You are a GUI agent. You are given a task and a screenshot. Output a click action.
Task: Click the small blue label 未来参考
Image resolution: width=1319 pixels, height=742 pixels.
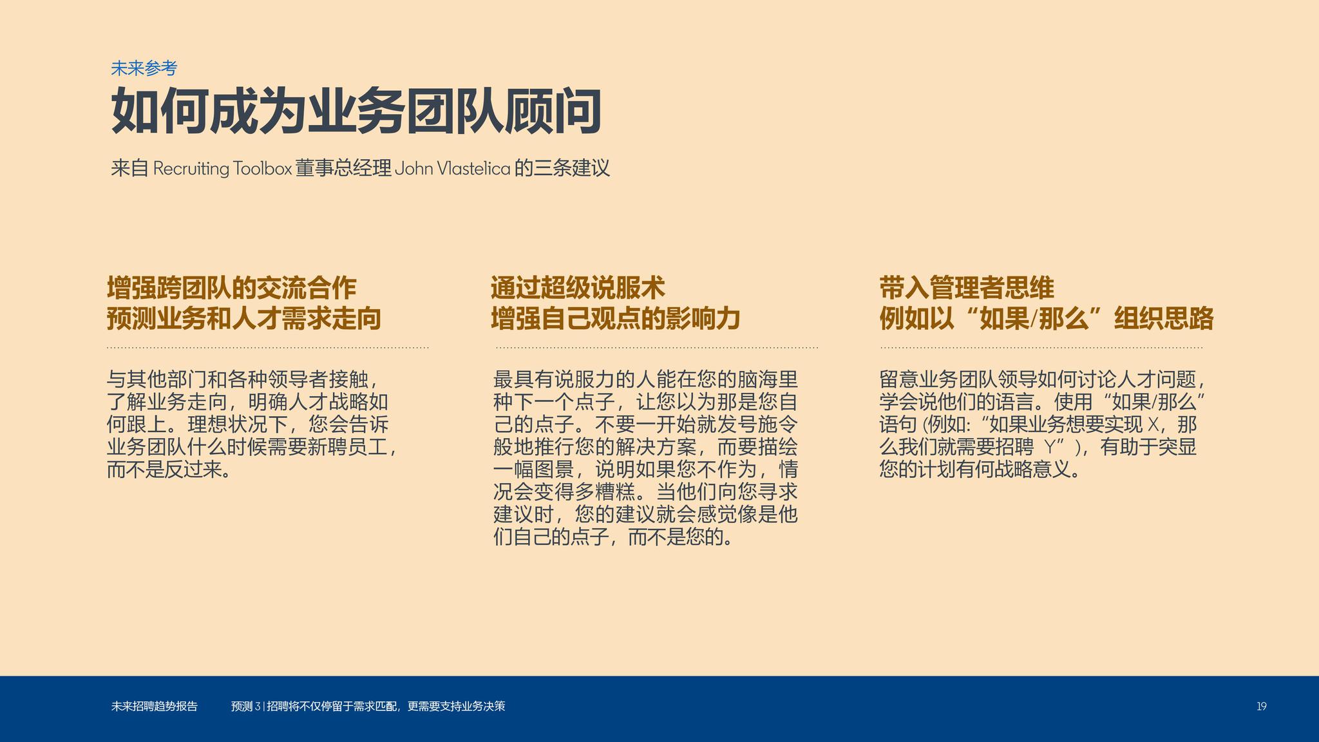(144, 68)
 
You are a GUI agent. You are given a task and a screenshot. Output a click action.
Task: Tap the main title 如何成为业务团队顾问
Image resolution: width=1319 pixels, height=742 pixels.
(356, 111)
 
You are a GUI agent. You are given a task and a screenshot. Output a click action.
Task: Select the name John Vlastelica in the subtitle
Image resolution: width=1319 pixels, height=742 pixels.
(452, 169)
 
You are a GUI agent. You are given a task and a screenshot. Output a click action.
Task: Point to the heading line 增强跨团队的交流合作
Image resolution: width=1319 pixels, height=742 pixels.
(232, 288)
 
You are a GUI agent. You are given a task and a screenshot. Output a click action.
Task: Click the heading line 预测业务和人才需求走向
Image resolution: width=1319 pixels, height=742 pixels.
(244, 319)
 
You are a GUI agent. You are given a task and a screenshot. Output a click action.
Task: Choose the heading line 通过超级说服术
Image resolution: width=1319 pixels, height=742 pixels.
(578, 288)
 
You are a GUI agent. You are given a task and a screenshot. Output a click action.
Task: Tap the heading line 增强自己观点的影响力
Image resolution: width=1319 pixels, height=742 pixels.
(616, 319)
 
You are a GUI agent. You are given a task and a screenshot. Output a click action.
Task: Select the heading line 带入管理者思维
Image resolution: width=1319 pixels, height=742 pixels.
(967, 288)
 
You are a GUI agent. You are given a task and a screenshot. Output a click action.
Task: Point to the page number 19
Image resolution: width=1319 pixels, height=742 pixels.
(1261, 707)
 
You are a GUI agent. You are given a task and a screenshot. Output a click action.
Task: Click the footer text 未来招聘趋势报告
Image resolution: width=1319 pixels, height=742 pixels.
(155, 707)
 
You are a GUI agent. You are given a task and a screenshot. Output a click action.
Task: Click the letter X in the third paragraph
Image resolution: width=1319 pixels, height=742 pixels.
(1153, 424)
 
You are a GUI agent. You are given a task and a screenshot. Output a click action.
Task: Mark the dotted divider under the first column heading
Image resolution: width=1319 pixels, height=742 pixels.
(268, 348)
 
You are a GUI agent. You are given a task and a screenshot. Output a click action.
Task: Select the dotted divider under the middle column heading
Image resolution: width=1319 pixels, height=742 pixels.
(657, 348)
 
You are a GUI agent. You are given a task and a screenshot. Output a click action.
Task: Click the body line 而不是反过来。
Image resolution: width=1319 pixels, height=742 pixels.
(169, 470)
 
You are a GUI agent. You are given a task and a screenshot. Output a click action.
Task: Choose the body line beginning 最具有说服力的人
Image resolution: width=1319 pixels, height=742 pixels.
(645, 379)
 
